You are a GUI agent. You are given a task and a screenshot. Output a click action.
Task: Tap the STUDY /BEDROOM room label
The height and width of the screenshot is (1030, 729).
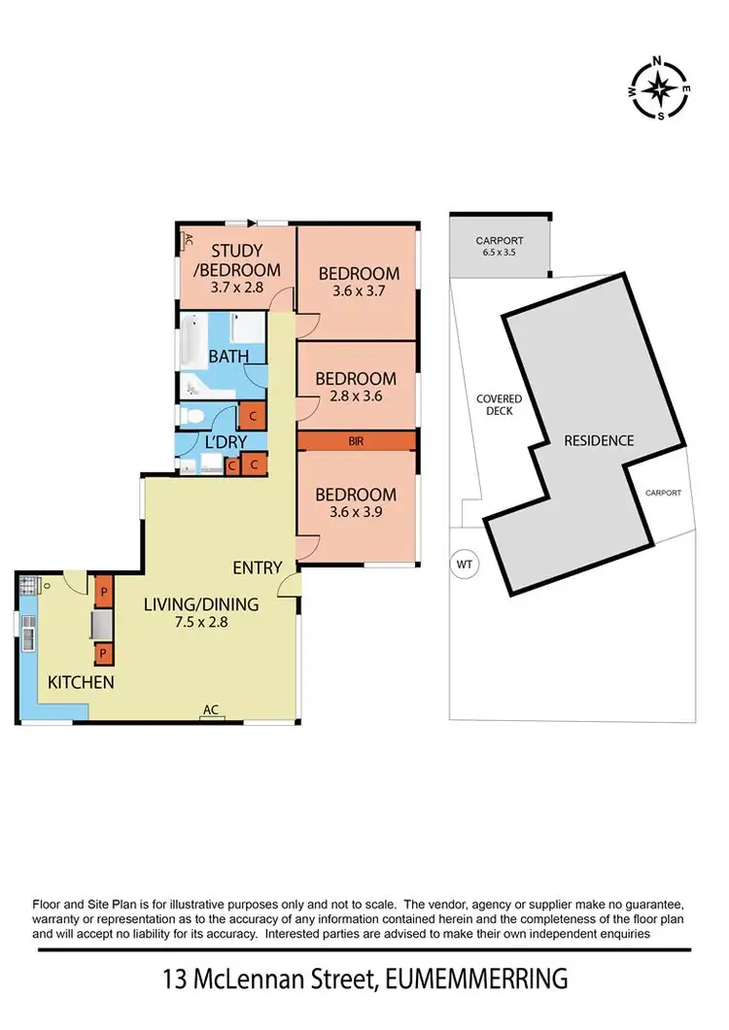[232, 260]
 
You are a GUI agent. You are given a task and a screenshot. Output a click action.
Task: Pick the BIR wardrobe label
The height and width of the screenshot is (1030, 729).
[358, 441]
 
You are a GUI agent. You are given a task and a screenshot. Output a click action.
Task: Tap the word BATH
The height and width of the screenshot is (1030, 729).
[228, 357]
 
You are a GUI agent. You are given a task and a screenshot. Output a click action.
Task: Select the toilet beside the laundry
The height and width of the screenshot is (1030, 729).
[191, 417]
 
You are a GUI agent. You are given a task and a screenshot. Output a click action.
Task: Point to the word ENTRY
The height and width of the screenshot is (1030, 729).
[257, 567]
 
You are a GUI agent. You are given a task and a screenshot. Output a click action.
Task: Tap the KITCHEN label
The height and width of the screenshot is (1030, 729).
[81, 682]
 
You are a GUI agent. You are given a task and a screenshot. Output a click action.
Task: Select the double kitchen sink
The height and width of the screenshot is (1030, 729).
[26, 636]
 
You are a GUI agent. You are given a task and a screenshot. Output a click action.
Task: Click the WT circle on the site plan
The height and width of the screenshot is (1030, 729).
[464, 564]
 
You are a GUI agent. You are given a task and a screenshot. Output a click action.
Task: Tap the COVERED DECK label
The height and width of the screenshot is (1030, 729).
[499, 404]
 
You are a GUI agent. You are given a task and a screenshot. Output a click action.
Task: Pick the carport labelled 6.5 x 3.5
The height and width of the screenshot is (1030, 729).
[500, 246]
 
